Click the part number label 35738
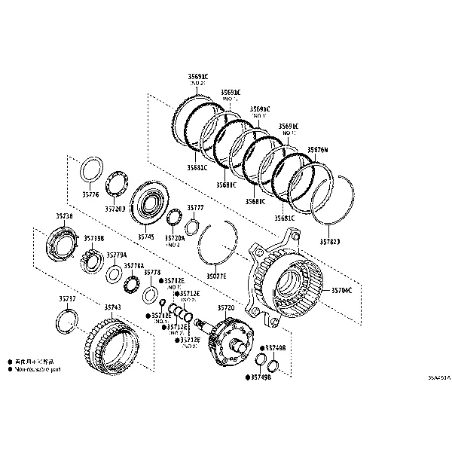click(x=65, y=215)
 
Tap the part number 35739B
click(x=93, y=238)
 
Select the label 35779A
click(x=116, y=255)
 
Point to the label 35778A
click(x=133, y=265)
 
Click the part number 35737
click(x=67, y=299)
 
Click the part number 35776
click(x=90, y=194)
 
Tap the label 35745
click(x=145, y=237)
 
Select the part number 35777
click(x=195, y=207)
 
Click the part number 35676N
click(x=317, y=150)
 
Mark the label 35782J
click(x=330, y=242)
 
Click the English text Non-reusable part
click(x=38, y=371)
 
